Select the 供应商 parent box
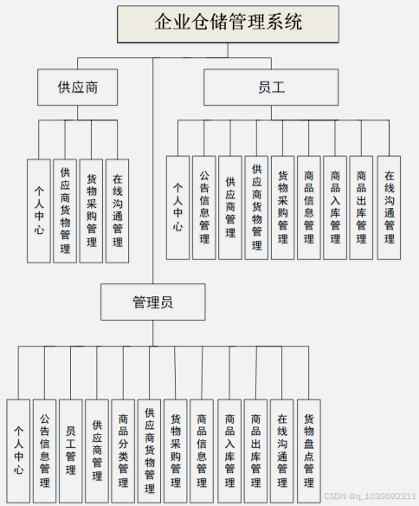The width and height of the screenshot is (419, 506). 77,88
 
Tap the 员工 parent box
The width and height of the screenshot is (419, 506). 271,88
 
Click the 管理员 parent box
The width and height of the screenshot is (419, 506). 151,302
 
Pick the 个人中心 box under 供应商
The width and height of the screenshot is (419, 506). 39,211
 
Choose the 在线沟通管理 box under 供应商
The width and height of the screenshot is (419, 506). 117,211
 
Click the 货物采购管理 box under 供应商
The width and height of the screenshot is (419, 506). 91,211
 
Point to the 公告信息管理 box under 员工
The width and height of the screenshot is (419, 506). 203,208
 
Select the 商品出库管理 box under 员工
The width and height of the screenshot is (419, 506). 361,208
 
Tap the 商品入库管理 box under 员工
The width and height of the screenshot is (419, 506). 335,208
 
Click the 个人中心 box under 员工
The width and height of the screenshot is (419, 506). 177,208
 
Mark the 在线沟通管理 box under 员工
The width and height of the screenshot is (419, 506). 389,208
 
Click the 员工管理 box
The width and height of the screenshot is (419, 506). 70,451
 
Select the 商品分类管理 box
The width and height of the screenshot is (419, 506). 123,451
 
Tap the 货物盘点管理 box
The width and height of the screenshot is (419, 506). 308,451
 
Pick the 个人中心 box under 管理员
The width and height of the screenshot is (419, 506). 18,451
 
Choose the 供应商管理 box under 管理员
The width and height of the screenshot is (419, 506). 97,451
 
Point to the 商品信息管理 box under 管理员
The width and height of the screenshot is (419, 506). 202,451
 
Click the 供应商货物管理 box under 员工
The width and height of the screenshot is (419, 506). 256,208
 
